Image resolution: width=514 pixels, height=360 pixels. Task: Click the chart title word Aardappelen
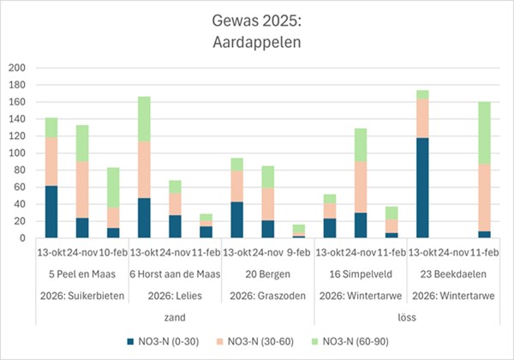[258, 40]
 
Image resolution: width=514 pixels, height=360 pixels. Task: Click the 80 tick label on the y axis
[19, 170]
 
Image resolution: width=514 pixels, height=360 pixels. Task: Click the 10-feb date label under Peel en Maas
[113, 254]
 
